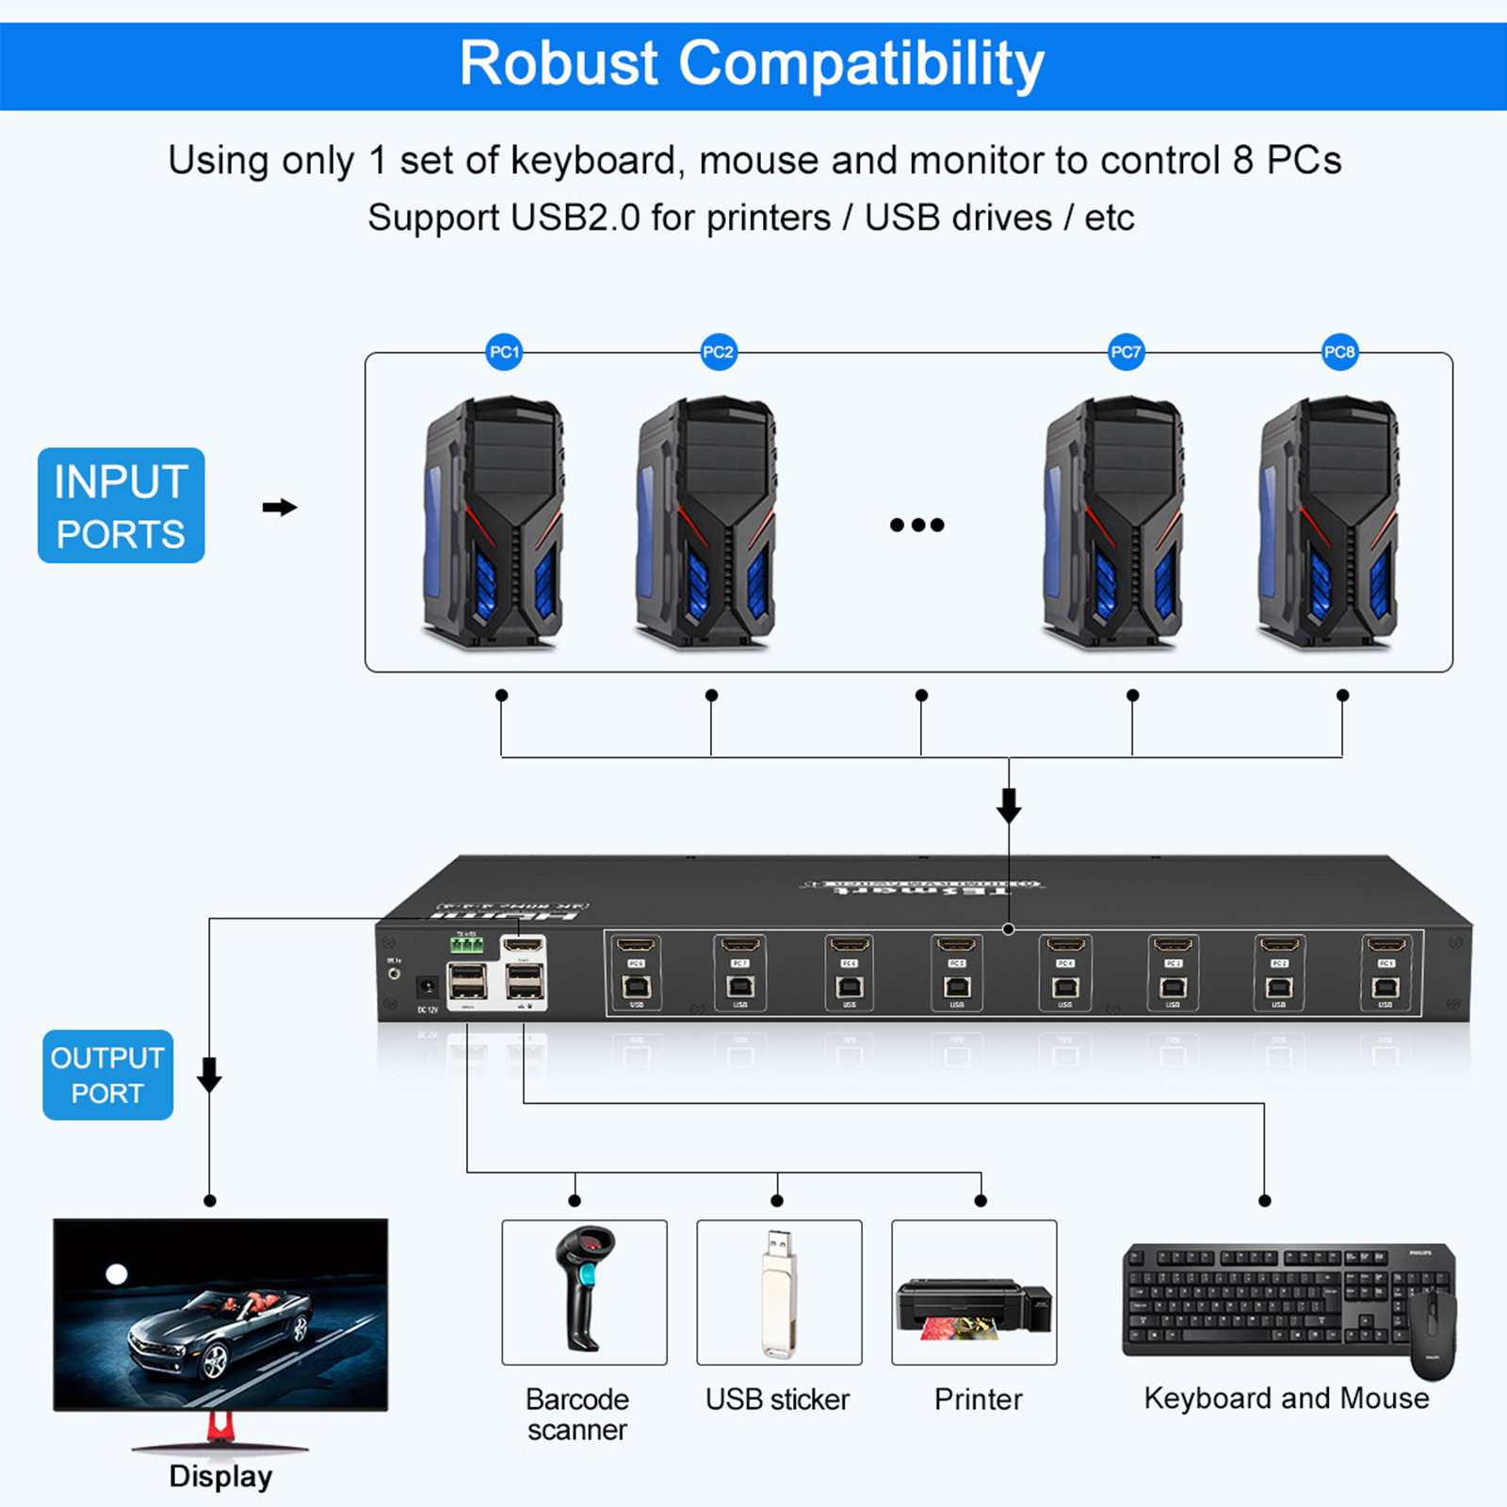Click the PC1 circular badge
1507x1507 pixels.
(504, 352)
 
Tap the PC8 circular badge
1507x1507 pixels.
(1339, 352)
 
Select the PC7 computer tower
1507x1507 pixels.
(1113, 524)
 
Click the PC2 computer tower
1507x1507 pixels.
(706, 524)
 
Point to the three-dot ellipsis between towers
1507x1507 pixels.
(916, 525)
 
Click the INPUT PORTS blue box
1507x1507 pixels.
(122, 506)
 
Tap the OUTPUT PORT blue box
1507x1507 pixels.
(107, 1075)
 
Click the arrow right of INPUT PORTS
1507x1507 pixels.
(280, 508)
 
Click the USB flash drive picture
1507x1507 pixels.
(779, 1292)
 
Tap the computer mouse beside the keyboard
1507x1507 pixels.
(1432, 1333)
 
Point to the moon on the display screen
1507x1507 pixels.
(117, 1274)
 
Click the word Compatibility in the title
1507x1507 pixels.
(861, 64)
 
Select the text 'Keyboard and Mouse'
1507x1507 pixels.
(1286, 1399)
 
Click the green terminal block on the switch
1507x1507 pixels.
(467, 945)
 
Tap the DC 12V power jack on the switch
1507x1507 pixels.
(427, 987)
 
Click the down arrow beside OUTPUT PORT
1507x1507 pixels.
(209, 1074)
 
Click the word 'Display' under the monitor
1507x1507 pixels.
(220, 1476)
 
